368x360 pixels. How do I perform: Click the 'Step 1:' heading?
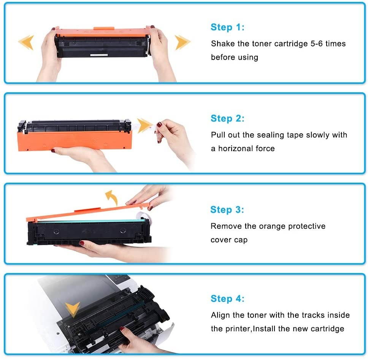point(227,27)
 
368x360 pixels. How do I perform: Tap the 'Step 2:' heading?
point(227,118)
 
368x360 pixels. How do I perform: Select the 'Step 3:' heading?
point(227,210)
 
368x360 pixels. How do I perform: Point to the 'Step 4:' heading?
point(227,299)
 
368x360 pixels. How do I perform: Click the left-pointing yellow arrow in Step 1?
point(27,42)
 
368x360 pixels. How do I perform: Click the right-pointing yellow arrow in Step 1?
point(182,42)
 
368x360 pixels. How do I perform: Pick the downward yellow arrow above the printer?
point(72,309)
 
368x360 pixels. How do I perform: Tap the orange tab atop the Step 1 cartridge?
point(103,28)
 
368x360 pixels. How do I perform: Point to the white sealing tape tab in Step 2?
point(155,126)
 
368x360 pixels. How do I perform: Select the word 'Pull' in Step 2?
point(218,135)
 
